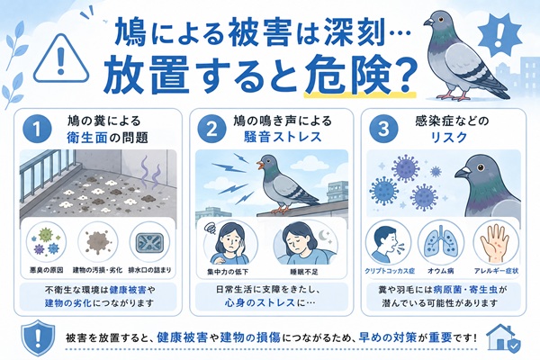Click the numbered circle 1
click(x=37, y=130)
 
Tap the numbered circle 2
click(x=211, y=130)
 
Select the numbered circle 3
click(x=383, y=130)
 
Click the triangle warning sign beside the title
click(x=61, y=58)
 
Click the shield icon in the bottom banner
click(x=38, y=337)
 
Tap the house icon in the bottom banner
click(x=503, y=338)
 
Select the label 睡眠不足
click(x=304, y=272)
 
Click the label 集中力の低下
click(x=228, y=272)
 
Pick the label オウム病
click(x=440, y=271)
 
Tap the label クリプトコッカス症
click(x=390, y=271)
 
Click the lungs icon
click(x=440, y=242)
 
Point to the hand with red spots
click(x=496, y=243)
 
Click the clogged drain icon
click(x=149, y=242)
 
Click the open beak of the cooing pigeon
click(x=259, y=165)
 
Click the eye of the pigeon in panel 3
click(x=481, y=167)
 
